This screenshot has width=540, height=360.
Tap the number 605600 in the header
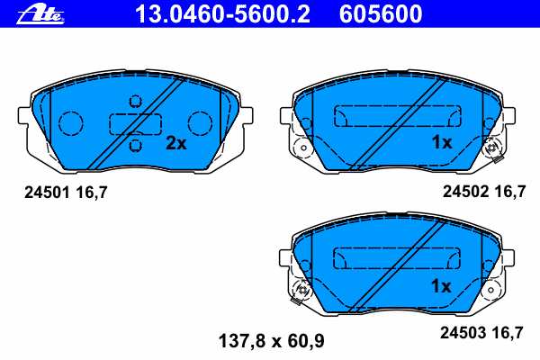(379, 13)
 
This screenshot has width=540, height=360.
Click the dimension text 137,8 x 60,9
(272, 341)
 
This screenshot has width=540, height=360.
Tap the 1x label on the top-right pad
(440, 142)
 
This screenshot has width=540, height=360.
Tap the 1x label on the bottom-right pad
(440, 286)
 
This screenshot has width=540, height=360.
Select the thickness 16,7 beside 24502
(506, 191)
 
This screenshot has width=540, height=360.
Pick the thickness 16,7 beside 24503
(506, 332)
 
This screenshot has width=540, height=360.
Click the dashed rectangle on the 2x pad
(135, 122)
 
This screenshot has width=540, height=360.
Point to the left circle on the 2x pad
(71, 121)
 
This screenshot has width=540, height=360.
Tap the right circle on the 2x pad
(199, 121)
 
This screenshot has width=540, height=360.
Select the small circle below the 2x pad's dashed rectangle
(136, 144)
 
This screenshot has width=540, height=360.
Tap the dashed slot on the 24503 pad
(392, 258)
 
